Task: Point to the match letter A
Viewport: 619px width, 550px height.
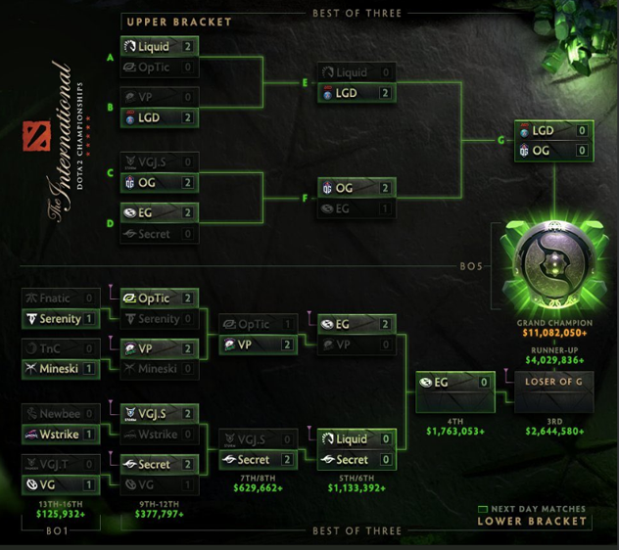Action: tap(111, 57)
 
